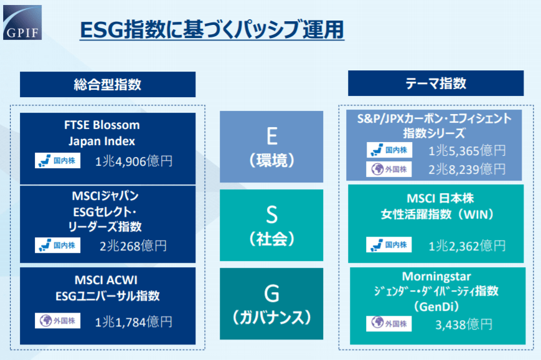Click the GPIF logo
tap(22, 22)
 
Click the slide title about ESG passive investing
tap(212, 30)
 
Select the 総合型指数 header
tap(108, 84)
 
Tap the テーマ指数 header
tap(436, 83)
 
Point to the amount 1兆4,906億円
tap(133, 161)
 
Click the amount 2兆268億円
tap(133, 246)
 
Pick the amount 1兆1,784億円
tap(133, 322)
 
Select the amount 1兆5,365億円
tap(467, 151)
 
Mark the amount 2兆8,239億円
tap(467, 169)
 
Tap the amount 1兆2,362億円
tap(467, 246)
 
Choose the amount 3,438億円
tap(464, 324)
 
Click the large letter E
tap(272, 136)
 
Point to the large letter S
tap(272, 214)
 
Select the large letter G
tap(272, 293)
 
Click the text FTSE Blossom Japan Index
tap(101, 133)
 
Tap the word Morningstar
tap(436, 277)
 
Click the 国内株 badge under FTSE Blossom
tap(58, 161)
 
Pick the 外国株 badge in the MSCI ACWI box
tap(58, 321)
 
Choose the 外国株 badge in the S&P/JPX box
tap(389, 169)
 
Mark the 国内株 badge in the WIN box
tap(389, 245)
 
